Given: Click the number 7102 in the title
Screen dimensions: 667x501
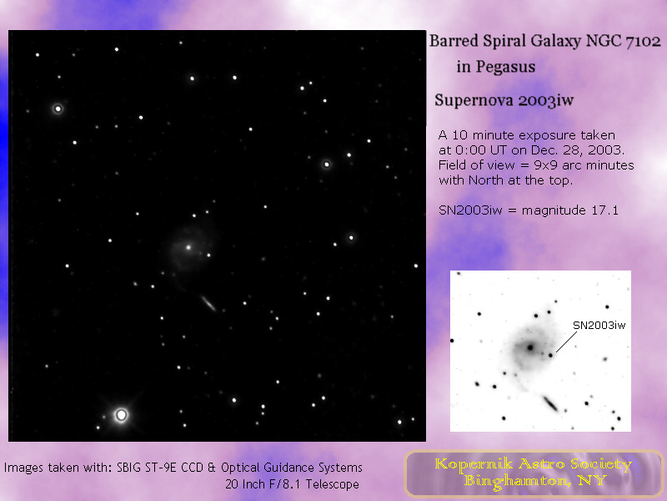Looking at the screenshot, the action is tap(643, 41).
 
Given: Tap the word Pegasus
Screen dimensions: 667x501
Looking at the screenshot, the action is tap(505, 67).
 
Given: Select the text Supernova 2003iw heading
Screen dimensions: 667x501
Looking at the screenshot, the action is tap(504, 100).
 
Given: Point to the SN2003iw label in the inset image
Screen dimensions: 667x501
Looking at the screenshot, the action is tap(599, 326).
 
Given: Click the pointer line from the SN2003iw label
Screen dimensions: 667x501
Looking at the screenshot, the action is tap(566, 342).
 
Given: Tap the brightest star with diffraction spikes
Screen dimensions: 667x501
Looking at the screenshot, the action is tap(121, 414).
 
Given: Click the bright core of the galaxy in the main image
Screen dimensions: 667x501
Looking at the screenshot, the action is tap(188, 247).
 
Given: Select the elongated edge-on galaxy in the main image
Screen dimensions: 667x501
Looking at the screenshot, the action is tap(208, 304).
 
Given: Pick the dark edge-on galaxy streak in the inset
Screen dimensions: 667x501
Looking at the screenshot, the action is tap(550, 403).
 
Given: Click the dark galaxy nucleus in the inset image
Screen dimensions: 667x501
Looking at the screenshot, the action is tap(530, 347).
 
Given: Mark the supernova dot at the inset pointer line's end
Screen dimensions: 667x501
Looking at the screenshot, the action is tap(550, 355).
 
